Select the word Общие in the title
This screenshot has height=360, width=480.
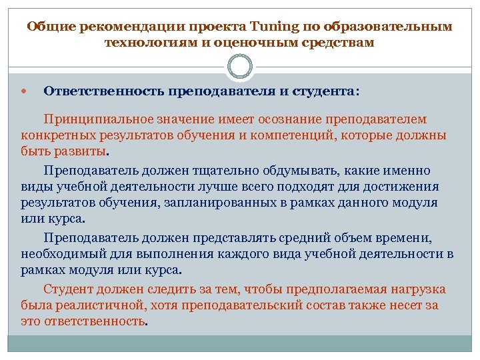pyautogui.click(x=51, y=27)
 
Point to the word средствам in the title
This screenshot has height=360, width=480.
pyautogui.click(x=338, y=43)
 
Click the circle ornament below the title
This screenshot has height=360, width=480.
pyautogui.click(x=240, y=67)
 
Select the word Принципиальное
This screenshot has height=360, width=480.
pyautogui.click(x=99, y=120)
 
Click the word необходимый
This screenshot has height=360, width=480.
pyautogui.click(x=59, y=254)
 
